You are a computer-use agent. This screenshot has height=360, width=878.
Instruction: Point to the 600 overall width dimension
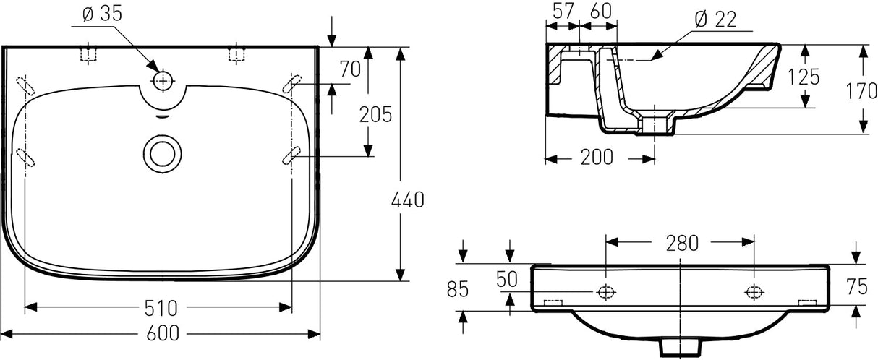point(164,333)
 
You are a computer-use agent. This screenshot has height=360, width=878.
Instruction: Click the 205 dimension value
point(377,114)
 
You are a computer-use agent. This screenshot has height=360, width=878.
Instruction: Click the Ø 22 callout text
point(715,20)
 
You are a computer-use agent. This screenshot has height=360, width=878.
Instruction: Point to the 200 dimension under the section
point(598,156)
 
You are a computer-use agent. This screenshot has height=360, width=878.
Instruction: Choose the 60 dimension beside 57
point(601,11)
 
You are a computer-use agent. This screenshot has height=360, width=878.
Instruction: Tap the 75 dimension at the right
point(856,288)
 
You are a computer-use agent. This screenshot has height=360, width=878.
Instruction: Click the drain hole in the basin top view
point(161,153)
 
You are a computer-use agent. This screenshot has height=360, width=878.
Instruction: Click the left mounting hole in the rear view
point(606,291)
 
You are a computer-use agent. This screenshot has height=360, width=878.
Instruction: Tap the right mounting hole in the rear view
point(754,291)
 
